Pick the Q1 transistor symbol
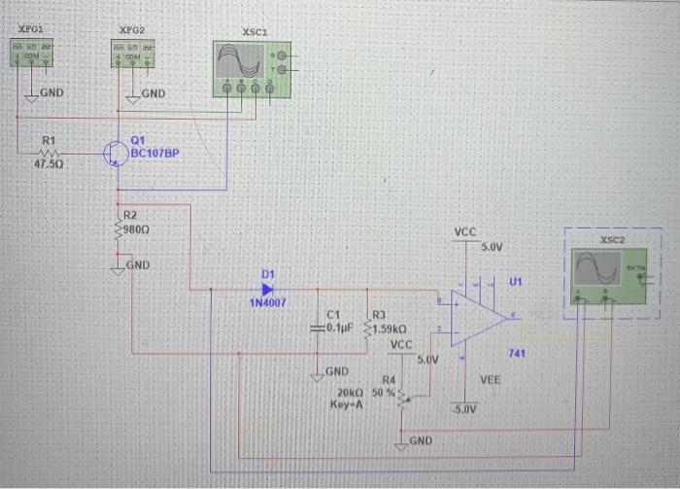click(x=117, y=154)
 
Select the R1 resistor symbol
click(x=50, y=153)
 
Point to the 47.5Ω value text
click(x=50, y=166)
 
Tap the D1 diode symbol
click(x=267, y=289)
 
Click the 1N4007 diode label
click(x=268, y=303)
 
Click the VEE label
click(x=490, y=381)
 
